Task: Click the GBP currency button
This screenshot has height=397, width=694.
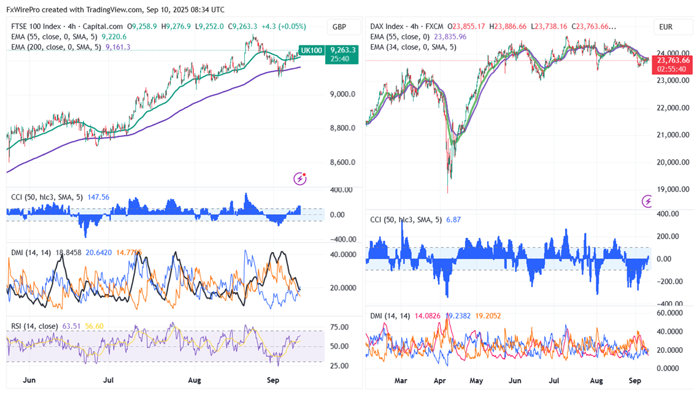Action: [x=339, y=27]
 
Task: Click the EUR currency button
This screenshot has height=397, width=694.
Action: [x=666, y=27]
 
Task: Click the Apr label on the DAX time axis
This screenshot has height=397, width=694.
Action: [x=439, y=381]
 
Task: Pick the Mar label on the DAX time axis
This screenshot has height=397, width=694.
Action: [x=401, y=381]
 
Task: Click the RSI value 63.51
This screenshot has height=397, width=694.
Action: [x=72, y=326]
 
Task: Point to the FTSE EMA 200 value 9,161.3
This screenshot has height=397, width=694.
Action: [x=118, y=47]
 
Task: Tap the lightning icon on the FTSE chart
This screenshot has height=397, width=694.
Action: [x=300, y=179]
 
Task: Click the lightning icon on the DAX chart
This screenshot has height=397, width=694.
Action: [x=647, y=201]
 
